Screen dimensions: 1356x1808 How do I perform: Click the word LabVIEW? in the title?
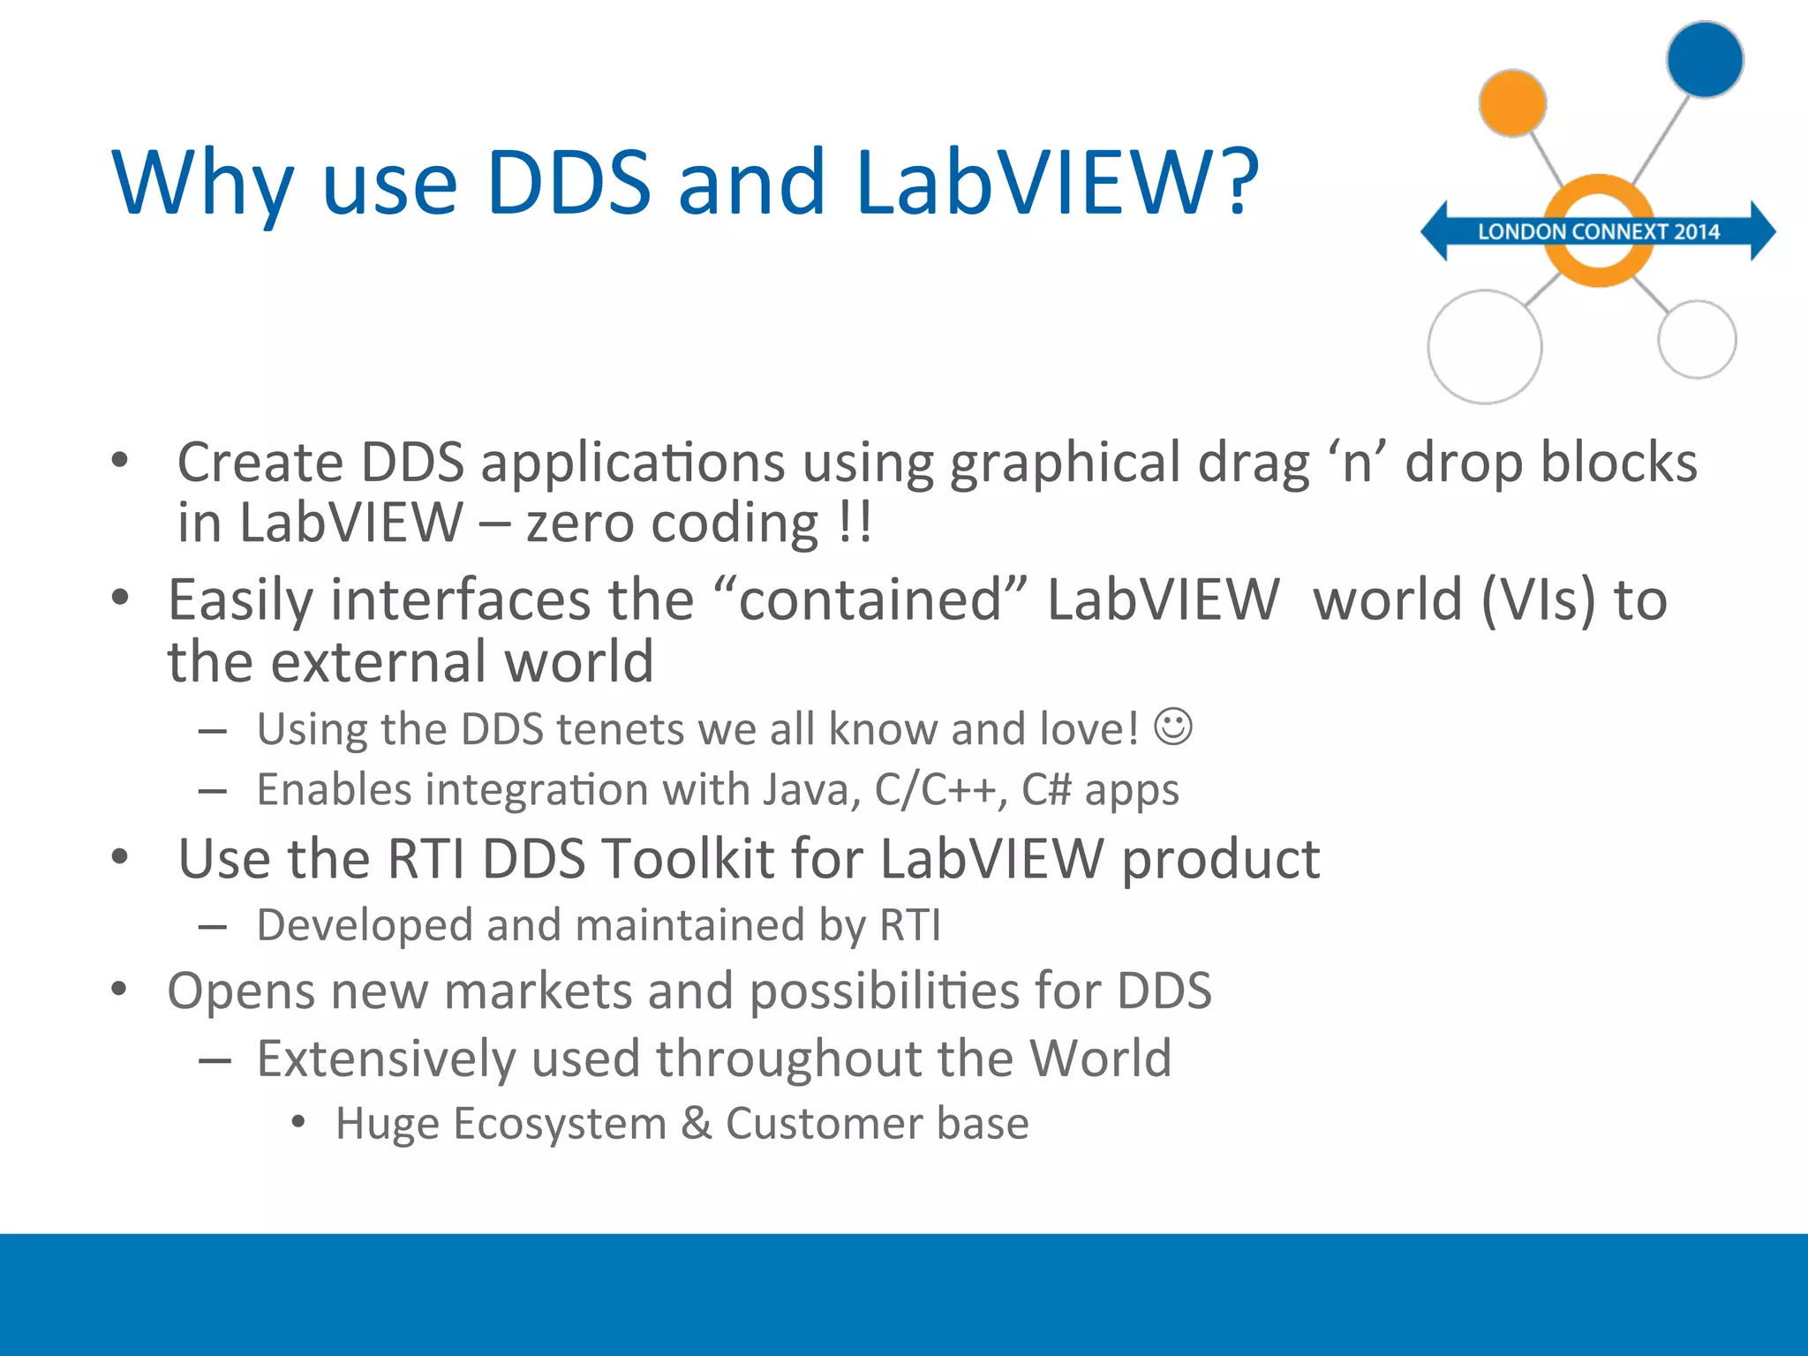click(x=1057, y=183)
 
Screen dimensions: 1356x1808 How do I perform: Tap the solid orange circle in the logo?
click(x=1512, y=103)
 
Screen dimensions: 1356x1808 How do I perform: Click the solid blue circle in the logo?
click(x=1705, y=60)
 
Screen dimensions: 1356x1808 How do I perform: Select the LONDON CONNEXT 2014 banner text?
click(x=1599, y=232)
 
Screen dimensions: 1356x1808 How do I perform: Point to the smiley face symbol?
click(x=1173, y=727)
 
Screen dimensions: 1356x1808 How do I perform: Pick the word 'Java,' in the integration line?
click(x=811, y=789)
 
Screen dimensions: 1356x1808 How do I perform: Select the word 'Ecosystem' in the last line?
click(x=559, y=1124)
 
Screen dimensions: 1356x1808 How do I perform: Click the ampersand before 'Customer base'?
click(x=696, y=1124)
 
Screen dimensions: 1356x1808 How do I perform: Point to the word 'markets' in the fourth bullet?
click(x=539, y=991)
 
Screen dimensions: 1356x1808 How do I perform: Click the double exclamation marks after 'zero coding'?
click(x=855, y=523)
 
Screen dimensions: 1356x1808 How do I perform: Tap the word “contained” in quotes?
click(x=870, y=600)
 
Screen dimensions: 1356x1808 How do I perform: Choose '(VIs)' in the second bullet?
click(x=1539, y=600)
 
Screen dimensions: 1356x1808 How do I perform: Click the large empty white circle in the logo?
click(x=1485, y=347)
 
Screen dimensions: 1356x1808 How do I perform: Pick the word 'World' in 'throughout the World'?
click(x=1100, y=1058)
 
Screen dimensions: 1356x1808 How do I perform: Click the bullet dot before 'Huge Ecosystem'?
click(x=298, y=1122)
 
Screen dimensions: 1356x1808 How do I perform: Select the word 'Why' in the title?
click(x=202, y=183)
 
